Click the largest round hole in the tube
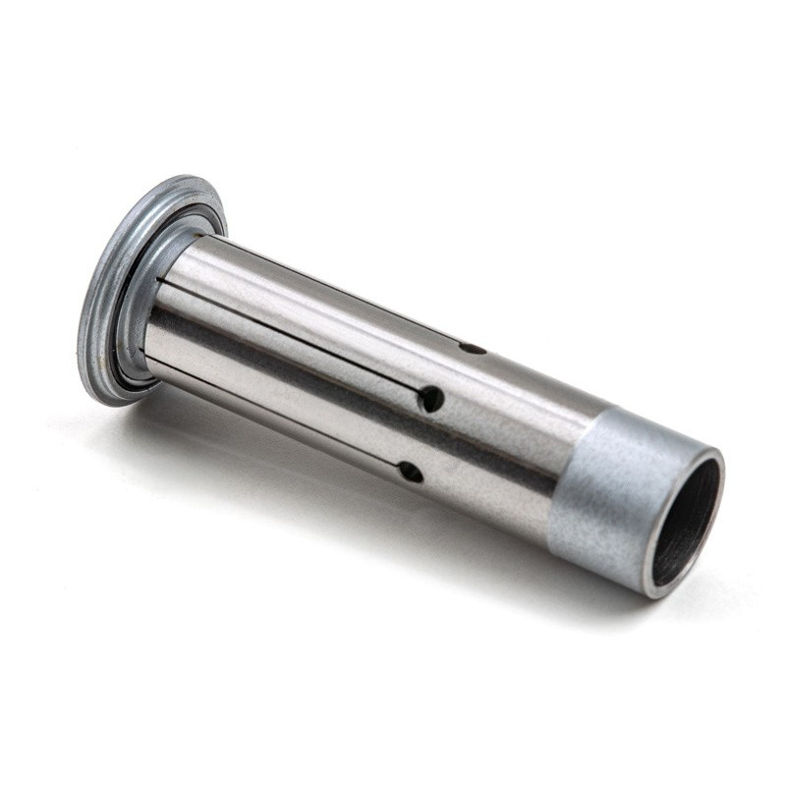pyautogui.click(x=430, y=398)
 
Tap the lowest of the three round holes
pyautogui.click(x=411, y=472)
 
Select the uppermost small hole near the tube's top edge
pyautogui.click(x=473, y=347)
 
